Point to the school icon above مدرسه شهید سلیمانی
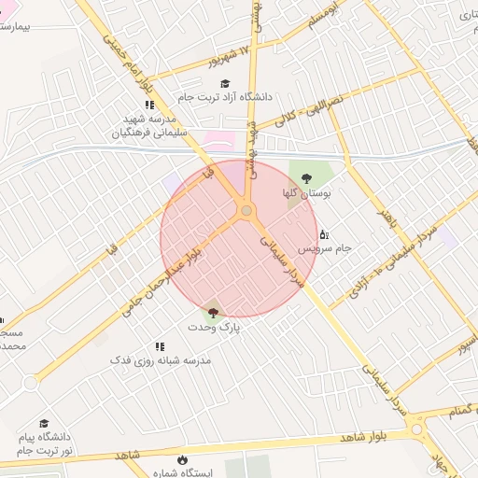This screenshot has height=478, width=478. click(x=149, y=105)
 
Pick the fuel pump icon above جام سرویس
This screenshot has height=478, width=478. click(x=324, y=233)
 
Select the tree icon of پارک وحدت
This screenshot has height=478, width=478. click(x=213, y=313)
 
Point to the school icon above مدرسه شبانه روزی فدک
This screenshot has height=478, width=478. click(x=187, y=346)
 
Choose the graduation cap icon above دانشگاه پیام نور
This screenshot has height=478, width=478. click(x=44, y=423)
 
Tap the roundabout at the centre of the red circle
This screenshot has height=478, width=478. click(x=246, y=211)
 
